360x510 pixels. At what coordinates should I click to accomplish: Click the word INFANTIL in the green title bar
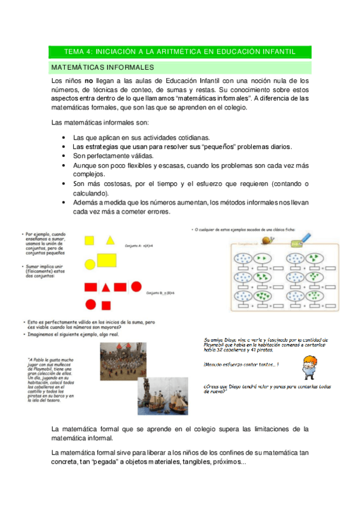pos(278,52)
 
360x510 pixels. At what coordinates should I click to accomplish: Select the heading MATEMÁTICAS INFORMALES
pos(103,67)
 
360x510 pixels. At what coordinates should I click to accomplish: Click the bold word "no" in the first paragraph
pos(88,80)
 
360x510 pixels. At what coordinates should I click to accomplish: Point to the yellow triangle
pos(111,241)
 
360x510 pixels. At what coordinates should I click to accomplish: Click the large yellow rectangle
pos(106,260)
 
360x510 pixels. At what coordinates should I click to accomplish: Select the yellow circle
pos(90,263)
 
